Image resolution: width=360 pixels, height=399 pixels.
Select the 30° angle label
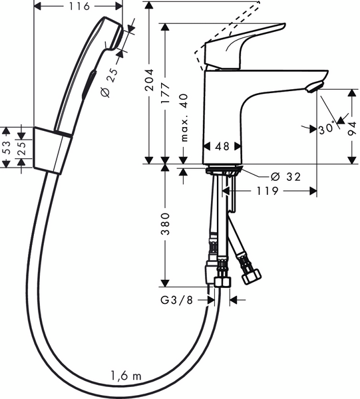(325, 129)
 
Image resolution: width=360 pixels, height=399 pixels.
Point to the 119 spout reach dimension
(266, 192)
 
